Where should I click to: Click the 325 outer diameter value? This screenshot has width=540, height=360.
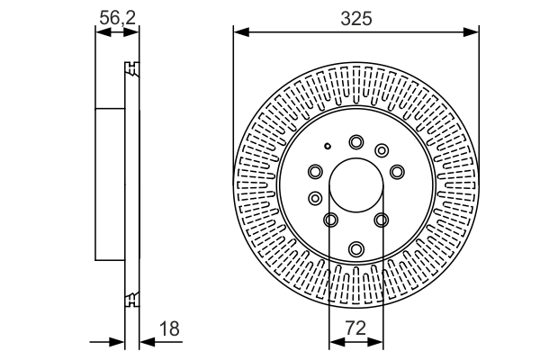(355, 17)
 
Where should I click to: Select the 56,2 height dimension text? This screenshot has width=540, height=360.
(117, 17)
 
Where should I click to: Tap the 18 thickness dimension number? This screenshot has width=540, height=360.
(168, 329)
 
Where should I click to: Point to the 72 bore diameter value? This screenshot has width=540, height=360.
(355, 329)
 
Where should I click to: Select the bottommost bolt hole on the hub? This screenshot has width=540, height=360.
(356, 247)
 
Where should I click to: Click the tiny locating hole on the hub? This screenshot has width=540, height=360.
(328, 147)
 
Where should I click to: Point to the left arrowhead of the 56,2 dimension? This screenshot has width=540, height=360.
(101, 31)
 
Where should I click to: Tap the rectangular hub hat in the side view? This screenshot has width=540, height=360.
(109, 184)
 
